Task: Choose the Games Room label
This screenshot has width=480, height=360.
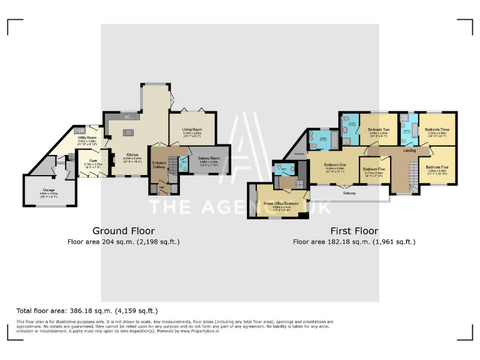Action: [x=209, y=159]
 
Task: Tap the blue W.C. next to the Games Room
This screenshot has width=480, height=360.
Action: [x=183, y=164]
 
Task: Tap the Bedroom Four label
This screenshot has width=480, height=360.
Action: [x=437, y=167]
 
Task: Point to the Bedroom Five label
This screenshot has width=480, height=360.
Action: [x=374, y=169]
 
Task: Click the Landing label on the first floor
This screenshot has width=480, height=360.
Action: [x=410, y=151]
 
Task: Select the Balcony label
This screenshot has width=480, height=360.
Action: [x=349, y=193]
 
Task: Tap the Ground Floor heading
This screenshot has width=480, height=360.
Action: [x=123, y=231]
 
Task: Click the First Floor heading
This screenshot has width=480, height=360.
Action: [x=354, y=231]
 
